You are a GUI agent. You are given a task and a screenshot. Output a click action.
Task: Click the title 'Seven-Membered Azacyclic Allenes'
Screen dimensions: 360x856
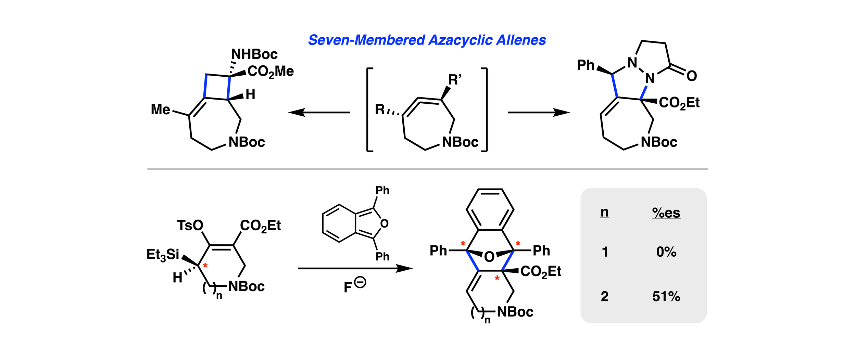[x=427, y=40]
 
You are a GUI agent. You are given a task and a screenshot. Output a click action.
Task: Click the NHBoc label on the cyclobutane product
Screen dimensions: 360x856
[x=254, y=54]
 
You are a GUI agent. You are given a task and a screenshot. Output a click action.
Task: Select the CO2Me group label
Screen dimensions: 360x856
[x=270, y=72]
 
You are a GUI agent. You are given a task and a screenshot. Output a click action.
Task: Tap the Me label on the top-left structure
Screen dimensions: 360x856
[x=160, y=110]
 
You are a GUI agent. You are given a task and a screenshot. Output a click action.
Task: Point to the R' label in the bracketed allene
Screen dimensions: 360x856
[x=455, y=80]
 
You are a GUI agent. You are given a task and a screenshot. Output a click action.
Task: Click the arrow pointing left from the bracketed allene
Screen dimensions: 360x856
[x=319, y=112]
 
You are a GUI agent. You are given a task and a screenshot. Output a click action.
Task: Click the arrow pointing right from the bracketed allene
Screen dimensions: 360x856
[x=539, y=112]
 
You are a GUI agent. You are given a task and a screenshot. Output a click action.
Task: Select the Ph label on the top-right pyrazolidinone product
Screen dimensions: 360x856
[x=586, y=65]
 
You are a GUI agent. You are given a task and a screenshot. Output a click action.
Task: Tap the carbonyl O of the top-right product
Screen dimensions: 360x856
[x=692, y=76]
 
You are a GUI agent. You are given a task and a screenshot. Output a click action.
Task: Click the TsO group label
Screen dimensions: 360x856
[x=190, y=226]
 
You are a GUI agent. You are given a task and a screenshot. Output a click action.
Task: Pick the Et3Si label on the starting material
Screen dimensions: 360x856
[x=163, y=255]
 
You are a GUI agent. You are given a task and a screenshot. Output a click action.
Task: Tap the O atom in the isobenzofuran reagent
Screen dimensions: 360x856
[x=384, y=224]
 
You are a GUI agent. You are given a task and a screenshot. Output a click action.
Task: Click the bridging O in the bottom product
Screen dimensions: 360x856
[x=489, y=257]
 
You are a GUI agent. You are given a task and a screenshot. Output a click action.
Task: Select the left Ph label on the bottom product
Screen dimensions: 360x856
[x=438, y=251]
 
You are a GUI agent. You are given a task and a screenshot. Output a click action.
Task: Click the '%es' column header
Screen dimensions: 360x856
[x=666, y=213]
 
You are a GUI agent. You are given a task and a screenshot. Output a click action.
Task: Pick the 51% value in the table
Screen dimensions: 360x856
[x=666, y=296]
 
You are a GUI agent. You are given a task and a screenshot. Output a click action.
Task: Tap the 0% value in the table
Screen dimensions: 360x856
[x=666, y=252]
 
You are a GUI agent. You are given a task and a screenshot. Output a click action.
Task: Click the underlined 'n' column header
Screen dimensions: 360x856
[x=604, y=212]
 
